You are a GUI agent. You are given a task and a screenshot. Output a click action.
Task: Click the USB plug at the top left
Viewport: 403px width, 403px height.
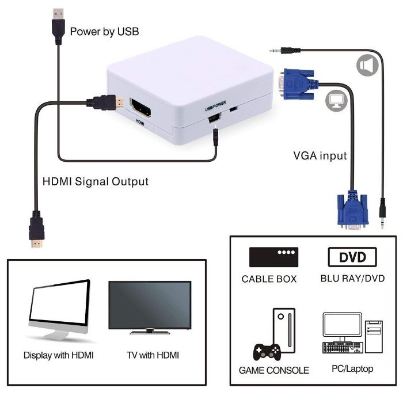click(58, 26)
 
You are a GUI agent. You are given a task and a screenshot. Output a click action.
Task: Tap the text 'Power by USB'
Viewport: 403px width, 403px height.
click(104, 32)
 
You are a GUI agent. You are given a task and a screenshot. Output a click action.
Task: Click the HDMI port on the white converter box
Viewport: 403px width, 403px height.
click(140, 108)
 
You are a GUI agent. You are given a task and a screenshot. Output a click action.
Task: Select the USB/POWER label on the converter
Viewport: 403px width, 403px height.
click(215, 106)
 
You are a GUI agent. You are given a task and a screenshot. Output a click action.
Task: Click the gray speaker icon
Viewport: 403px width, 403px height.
click(367, 65)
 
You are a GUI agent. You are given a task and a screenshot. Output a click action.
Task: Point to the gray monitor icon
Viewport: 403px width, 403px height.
click(336, 101)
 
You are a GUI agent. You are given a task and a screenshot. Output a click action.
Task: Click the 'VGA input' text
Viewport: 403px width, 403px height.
click(320, 156)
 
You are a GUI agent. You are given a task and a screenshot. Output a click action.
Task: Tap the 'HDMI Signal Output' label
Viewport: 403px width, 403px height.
click(96, 181)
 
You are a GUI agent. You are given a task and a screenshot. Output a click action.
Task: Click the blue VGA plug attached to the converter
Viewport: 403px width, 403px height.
click(298, 84)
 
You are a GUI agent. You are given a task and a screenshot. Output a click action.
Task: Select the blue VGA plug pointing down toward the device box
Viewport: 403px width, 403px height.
click(352, 210)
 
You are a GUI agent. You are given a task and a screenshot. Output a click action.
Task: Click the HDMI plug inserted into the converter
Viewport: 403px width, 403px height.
click(105, 102)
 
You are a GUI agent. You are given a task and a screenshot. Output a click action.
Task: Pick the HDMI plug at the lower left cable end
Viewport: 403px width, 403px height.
click(36, 229)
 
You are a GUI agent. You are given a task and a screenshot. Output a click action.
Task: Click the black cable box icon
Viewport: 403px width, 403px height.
click(273, 257)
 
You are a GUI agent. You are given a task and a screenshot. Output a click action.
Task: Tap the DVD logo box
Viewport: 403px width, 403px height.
click(352, 257)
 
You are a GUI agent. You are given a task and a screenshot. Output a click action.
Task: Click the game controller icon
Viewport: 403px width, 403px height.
click(267, 352)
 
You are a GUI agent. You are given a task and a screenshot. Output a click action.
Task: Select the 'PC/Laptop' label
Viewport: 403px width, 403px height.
click(352, 368)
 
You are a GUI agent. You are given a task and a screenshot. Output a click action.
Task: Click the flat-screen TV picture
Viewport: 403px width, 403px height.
click(150, 307)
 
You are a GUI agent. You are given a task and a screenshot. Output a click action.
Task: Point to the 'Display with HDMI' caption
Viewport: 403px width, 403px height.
click(59, 355)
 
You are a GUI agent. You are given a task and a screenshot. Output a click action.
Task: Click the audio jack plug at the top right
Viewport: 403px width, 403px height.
click(285, 51)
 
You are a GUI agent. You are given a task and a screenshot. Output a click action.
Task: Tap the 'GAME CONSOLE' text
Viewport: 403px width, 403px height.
click(273, 370)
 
